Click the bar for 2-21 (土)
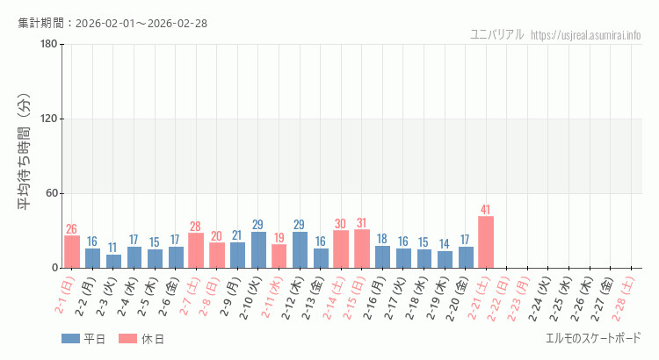click(486, 241)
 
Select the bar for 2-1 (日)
click(72, 251)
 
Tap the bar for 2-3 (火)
click(113, 261)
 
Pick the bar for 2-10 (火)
click(258, 249)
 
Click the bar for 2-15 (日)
click(362, 248)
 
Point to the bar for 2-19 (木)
click(445, 259)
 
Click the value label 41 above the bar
click(486, 210)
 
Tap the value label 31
click(362, 223)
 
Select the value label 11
click(113, 248)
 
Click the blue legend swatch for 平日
click(70, 339)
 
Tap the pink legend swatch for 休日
click(128, 339)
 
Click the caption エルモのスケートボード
click(593, 338)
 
